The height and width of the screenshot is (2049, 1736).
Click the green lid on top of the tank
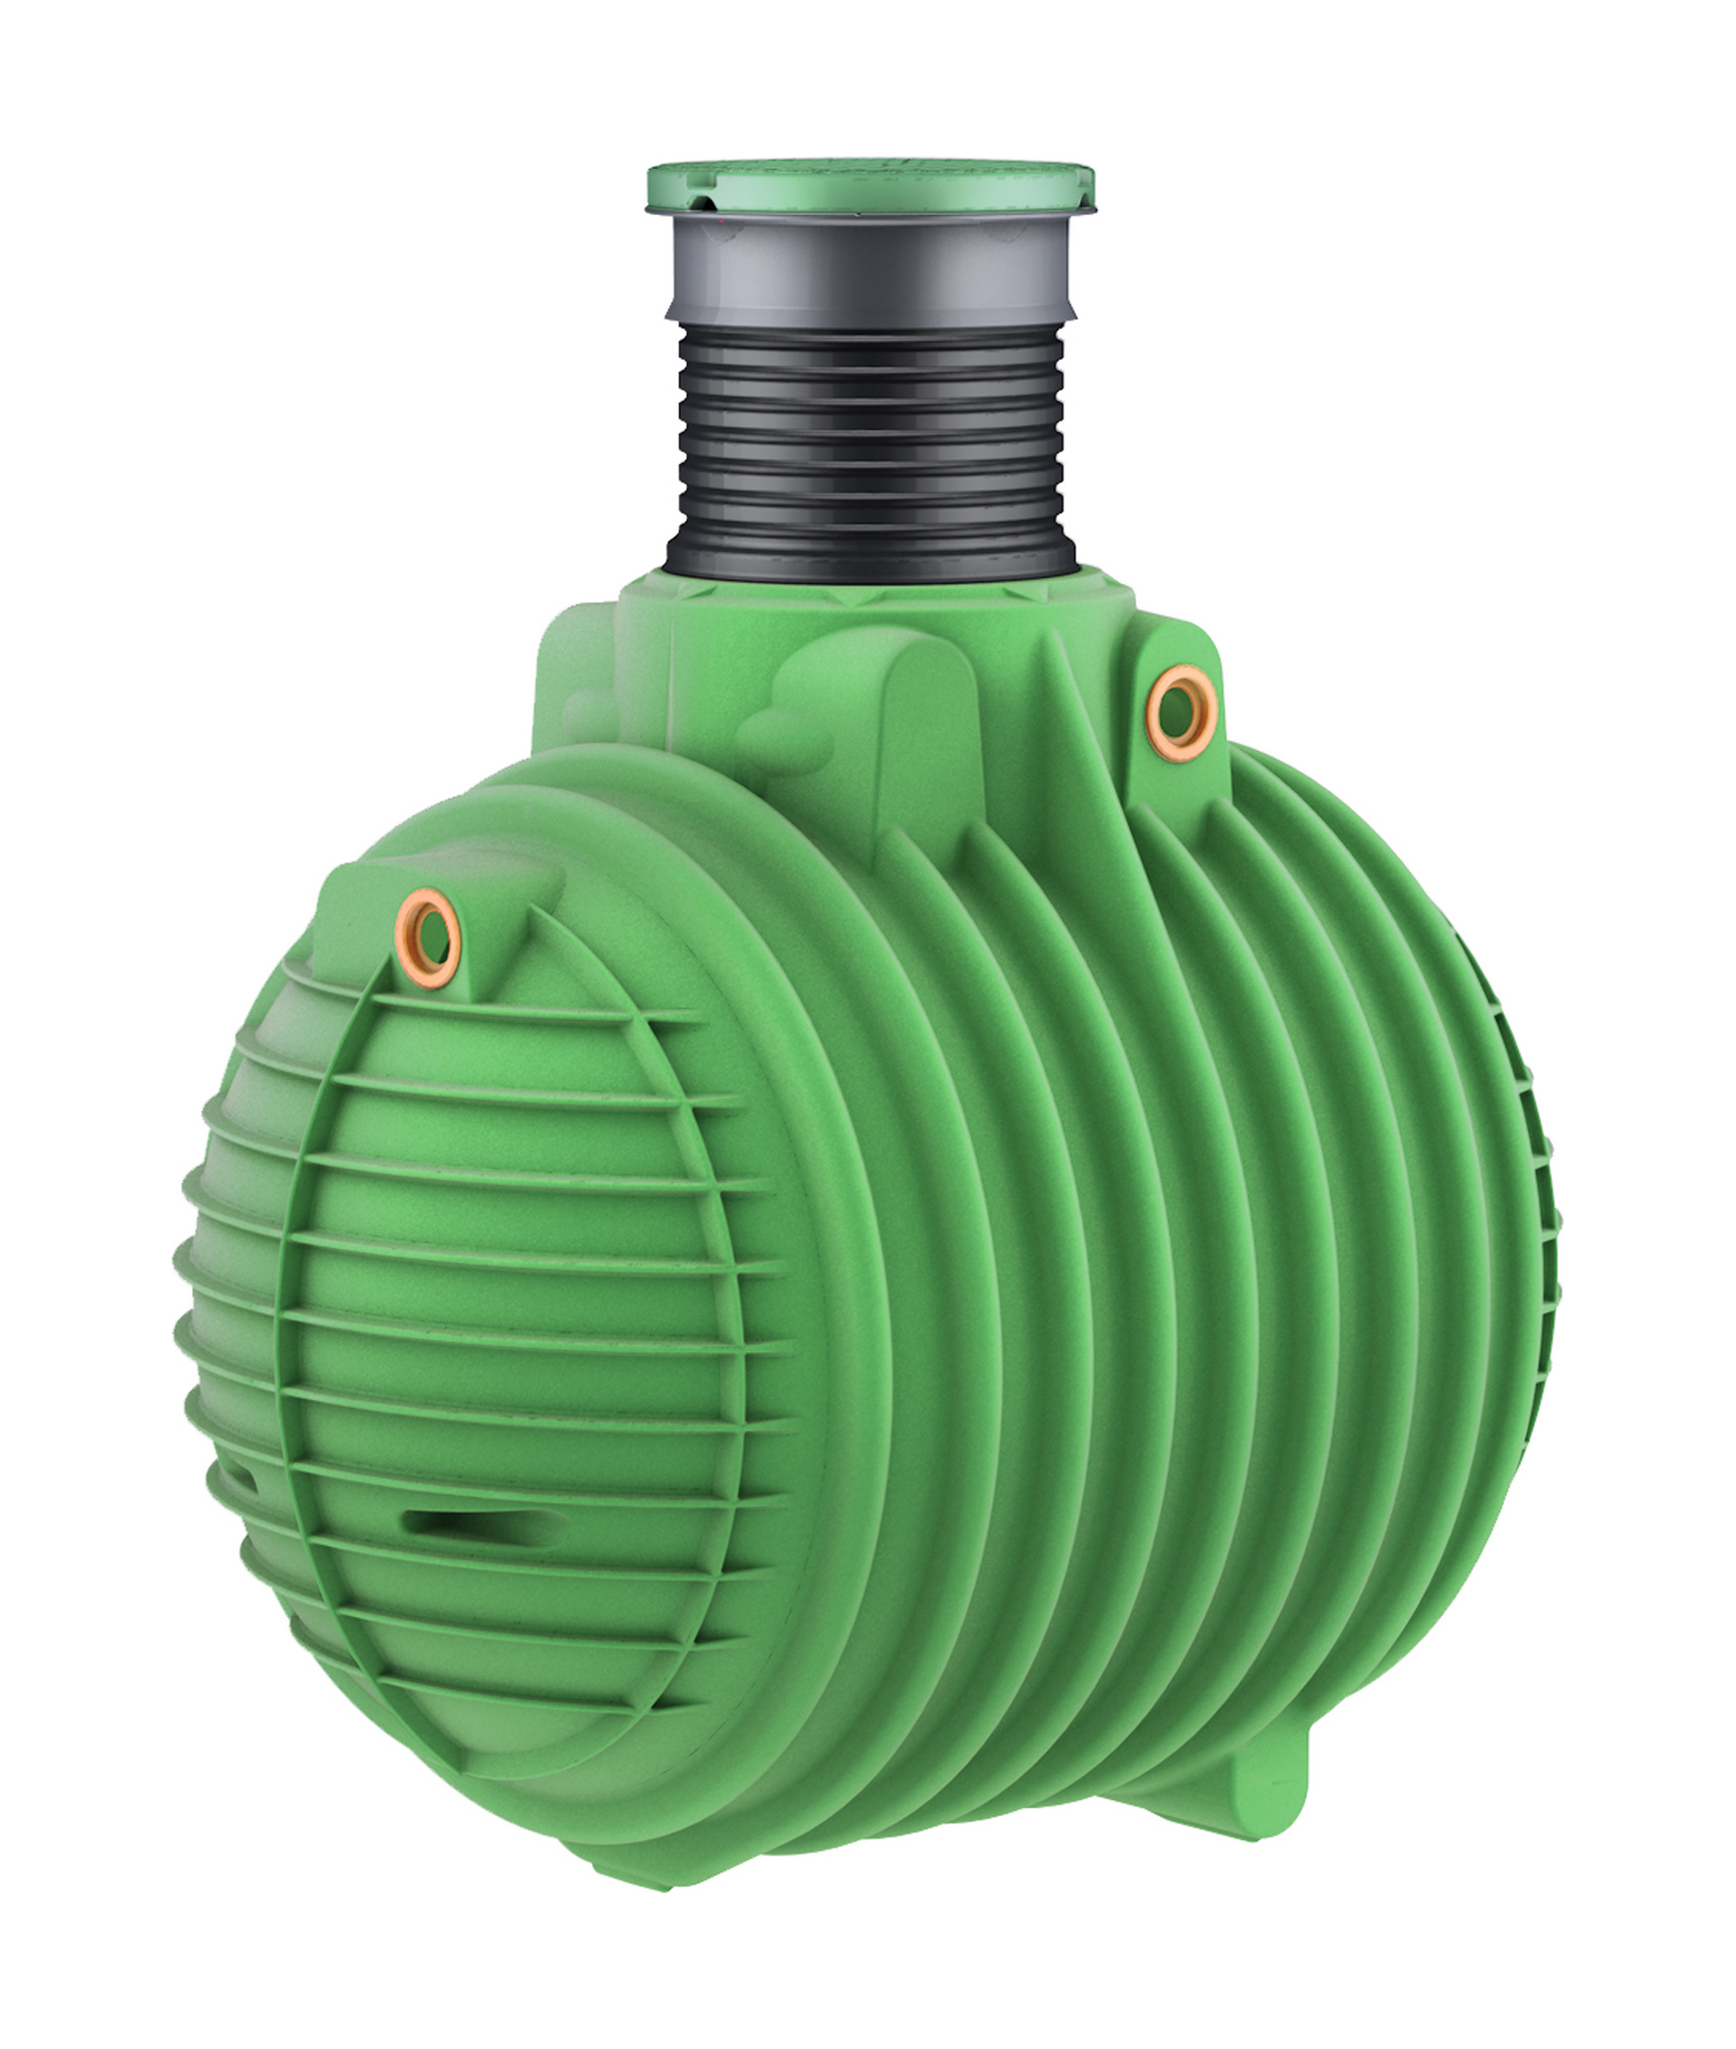(x=870, y=186)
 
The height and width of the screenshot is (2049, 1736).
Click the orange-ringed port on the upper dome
(x=1180, y=713)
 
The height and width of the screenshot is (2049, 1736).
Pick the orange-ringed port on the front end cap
(x=427, y=937)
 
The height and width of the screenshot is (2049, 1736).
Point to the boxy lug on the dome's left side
(x=571, y=688)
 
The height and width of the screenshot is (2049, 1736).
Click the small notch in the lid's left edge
(x=705, y=204)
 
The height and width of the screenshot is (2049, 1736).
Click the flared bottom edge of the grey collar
(x=870, y=315)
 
